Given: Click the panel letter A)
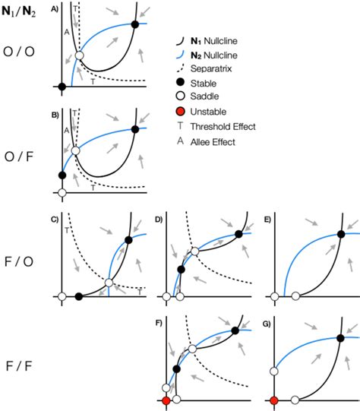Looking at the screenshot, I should tap(55, 7).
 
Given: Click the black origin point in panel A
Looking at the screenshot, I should tap(62, 87).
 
